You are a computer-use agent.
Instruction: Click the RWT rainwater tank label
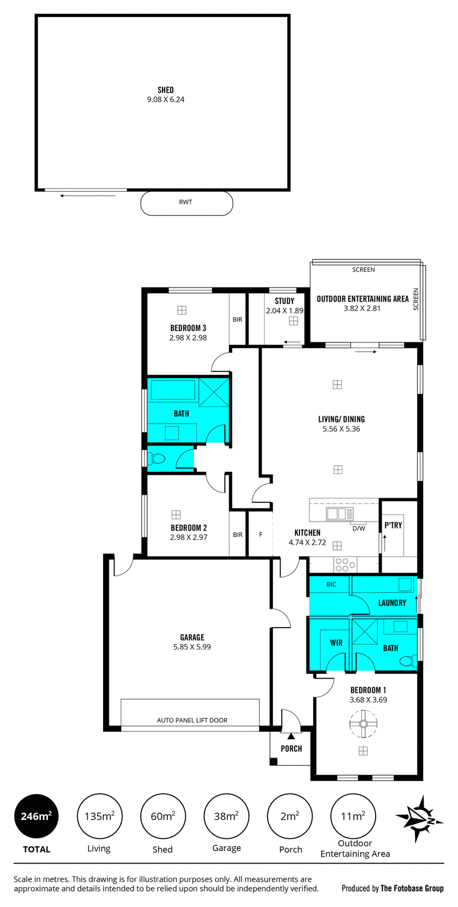[185, 202]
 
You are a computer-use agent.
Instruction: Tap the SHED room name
[165, 90]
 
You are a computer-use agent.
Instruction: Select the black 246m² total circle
[37, 816]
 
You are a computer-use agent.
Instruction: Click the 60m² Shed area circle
[163, 816]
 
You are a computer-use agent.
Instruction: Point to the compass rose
[418, 819]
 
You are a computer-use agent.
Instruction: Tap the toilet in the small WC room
[157, 459]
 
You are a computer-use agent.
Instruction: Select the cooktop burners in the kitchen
[342, 565]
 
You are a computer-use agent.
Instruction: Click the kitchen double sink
[339, 514]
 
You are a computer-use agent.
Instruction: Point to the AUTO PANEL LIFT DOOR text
[192, 720]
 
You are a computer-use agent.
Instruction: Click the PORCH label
[291, 749]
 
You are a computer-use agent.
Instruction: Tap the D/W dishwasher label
[359, 529]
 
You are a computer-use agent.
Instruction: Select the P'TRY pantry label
[393, 525]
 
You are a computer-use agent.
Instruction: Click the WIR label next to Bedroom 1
[336, 642]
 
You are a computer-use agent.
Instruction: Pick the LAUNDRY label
[392, 603]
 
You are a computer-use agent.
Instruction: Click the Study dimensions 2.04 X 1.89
[285, 311]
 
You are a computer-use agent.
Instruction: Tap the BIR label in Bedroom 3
[238, 320]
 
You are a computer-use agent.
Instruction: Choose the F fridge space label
[261, 534]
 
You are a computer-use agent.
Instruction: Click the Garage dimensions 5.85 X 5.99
[192, 646]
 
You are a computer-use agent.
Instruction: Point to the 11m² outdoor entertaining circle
[353, 816]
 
